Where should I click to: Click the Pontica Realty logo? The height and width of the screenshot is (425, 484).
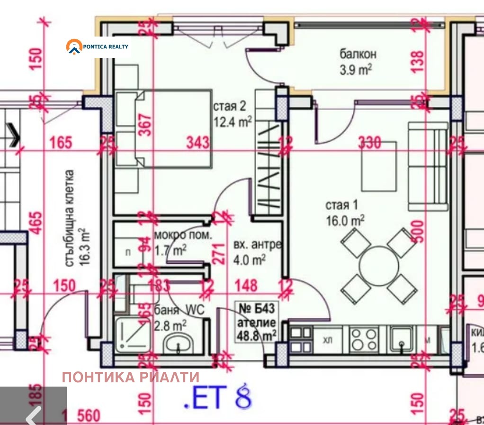coord(98,46)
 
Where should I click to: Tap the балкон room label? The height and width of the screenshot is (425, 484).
coord(355,61)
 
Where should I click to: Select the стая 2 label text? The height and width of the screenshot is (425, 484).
coord(232,114)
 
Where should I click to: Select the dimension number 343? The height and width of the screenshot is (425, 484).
coord(197,142)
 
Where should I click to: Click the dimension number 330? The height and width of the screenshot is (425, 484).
coord(369,142)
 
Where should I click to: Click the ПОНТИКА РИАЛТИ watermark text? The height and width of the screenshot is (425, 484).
coord(131,377)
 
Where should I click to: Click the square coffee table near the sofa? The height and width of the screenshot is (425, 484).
coord(379,166)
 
